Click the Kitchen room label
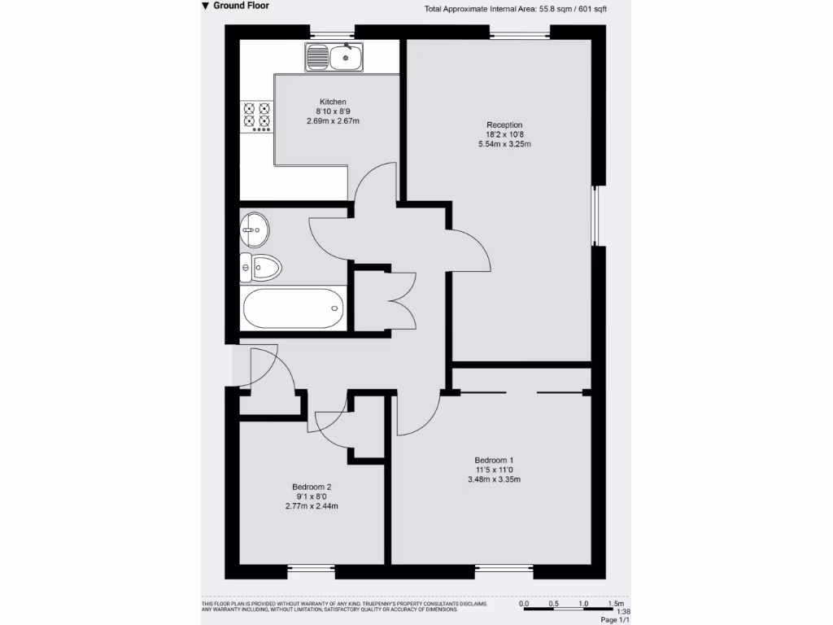coord(333,102)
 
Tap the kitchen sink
coord(337,57)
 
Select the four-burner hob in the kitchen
coord(256,116)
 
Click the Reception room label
coord(504,125)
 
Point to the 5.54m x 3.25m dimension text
coord(504,144)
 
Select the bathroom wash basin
coord(253,229)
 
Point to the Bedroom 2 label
coord(312,487)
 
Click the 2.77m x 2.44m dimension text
coord(312,506)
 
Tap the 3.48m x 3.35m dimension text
coord(494,479)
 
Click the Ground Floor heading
coord(241,6)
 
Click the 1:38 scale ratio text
coord(624,612)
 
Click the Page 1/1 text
coord(615,620)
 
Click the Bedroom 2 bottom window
coord(312,571)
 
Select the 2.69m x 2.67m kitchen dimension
coord(333,121)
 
